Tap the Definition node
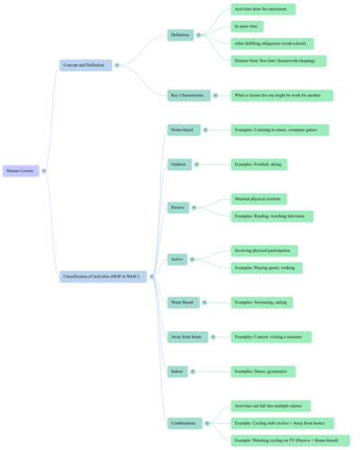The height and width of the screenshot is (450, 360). pos(180,35)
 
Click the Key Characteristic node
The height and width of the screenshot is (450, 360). pos(185,94)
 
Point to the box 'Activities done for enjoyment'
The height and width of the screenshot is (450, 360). pos(263,9)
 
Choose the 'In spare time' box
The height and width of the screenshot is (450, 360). pos(247,26)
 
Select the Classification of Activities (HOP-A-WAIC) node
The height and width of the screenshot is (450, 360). pos(106,274)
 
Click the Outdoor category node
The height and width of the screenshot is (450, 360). pos(179,165)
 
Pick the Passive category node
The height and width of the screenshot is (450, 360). pos(178,207)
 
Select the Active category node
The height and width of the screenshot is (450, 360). pos(177,259)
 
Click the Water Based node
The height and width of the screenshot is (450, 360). pos(182,303)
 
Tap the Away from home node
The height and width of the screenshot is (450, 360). pos(185,337)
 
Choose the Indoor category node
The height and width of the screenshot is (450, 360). pos(177,371)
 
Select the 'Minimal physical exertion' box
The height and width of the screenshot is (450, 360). pos(259,199)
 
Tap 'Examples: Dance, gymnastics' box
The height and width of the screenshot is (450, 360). pos(264,371)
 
